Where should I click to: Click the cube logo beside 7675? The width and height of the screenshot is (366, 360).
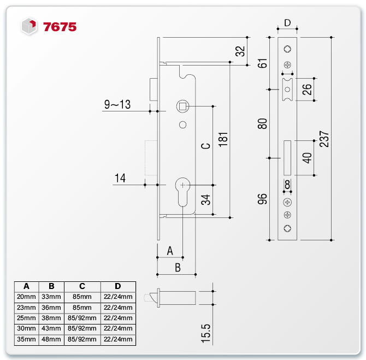point(28,26)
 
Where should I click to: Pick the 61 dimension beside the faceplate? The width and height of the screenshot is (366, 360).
point(263,62)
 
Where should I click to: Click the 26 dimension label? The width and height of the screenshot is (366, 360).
point(307,90)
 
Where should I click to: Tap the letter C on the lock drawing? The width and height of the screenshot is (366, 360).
point(205,146)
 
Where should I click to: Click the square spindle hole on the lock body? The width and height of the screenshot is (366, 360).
point(182,105)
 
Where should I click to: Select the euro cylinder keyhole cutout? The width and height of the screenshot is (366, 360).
point(182,191)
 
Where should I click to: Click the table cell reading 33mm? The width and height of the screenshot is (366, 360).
point(51,297)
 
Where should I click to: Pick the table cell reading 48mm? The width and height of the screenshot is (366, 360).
point(51,340)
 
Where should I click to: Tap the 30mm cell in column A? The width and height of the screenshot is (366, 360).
point(26,329)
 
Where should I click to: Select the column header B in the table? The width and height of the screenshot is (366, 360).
point(51,286)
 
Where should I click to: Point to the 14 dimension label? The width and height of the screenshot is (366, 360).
point(120,178)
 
